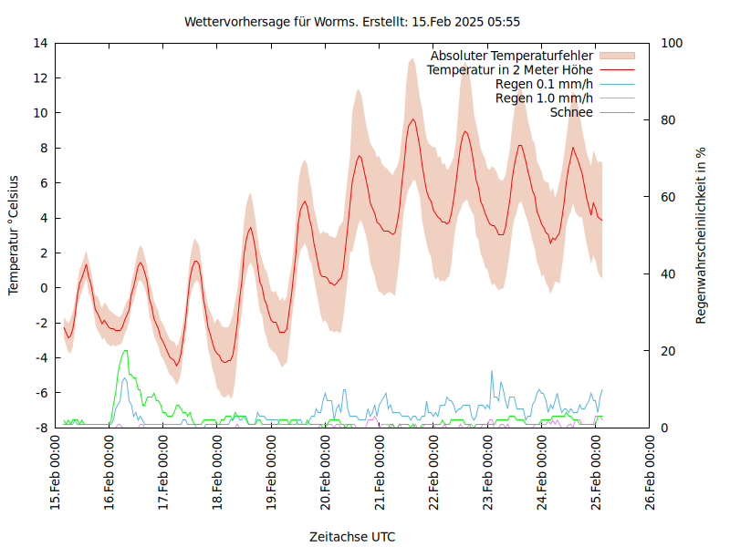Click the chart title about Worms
coord(352,21)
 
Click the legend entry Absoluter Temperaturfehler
coord(512,56)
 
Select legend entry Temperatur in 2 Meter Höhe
coord(510,69)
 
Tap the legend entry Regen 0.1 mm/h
coord(544,84)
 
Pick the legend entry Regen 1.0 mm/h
coord(544,98)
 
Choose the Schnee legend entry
coord(571,112)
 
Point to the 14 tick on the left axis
coord(40,43)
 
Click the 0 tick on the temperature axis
coord(44,288)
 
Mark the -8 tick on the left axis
coord(40,428)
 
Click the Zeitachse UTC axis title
coord(352,536)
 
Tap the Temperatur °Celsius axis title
coord(14,235)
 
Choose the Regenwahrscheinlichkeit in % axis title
coord(701,235)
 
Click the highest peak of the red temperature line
coord(413,119)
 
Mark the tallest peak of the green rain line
coord(125,350)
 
